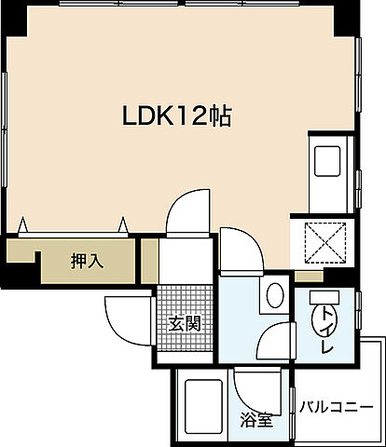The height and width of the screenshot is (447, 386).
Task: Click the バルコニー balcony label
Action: click(337, 407)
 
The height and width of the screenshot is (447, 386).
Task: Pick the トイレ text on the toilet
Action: click(324, 333)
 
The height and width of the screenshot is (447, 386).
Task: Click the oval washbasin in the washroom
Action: click(275, 297)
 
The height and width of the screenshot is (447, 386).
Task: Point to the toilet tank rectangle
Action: click(324, 297)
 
